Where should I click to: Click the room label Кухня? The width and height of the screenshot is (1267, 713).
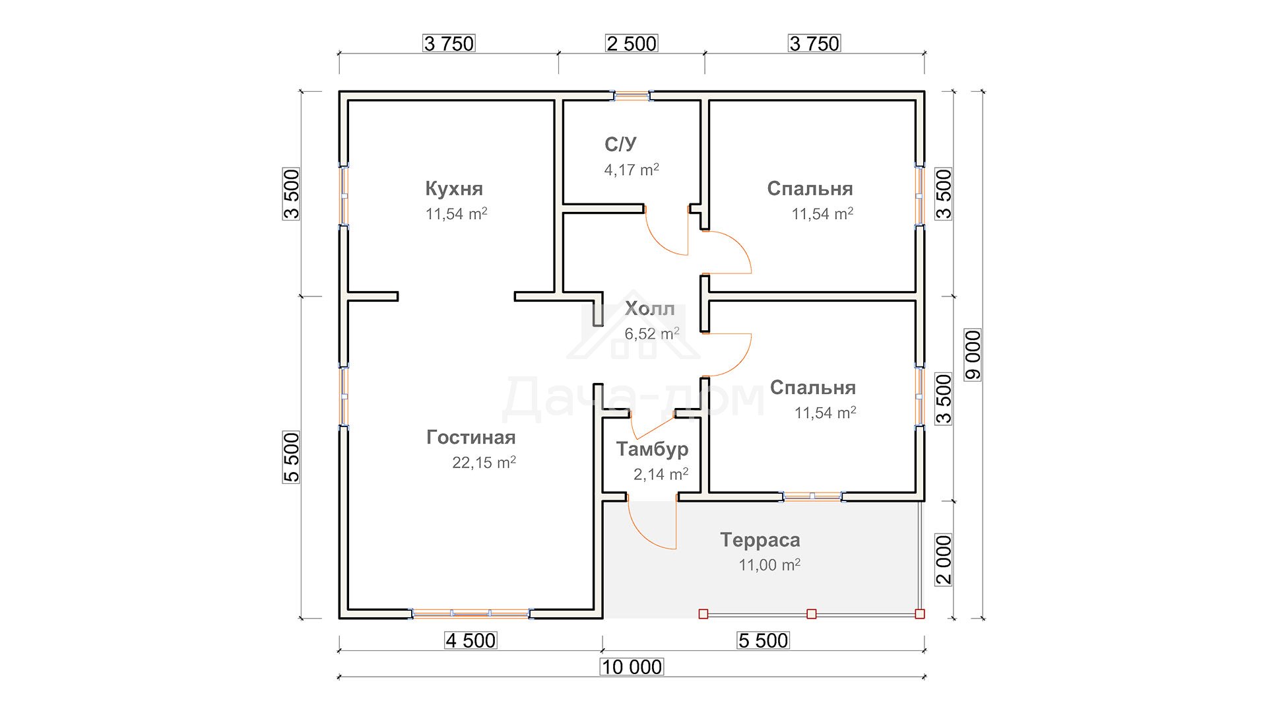click(x=454, y=189)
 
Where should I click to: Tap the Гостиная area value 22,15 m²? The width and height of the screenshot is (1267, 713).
click(x=484, y=462)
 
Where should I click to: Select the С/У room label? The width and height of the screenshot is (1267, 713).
click(x=620, y=145)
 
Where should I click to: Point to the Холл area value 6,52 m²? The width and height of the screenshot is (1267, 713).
click(x=652, y=333)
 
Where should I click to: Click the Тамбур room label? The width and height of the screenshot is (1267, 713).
click(x=652, y=450)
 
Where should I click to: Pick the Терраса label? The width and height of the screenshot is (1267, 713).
click(x=760, y=540)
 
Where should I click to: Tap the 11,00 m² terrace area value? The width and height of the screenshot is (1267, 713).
click(x=769, y=565)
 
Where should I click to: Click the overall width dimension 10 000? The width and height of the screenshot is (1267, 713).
click(x=632, y=667)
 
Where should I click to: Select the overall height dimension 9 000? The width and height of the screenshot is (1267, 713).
click(x=973, y=355)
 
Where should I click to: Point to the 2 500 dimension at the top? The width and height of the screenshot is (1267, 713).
click(x=632, y=44)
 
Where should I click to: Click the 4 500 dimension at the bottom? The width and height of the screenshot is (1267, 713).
click(x=471, y=640)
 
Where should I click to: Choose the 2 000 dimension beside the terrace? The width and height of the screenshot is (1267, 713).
click(x=944, y=560)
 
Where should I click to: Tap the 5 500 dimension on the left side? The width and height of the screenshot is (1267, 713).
click(x=291, y=458)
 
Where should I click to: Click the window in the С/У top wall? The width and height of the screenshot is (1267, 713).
click(x=632, y=96)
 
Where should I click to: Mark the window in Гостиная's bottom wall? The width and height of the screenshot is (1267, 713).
click(x=471, y=614)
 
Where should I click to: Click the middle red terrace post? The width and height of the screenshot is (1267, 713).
click(x=812, y=614)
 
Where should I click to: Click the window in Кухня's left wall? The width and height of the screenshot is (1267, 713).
click(x=344, y=195)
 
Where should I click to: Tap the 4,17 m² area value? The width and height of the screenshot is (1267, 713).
click(x=632, y=170)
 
